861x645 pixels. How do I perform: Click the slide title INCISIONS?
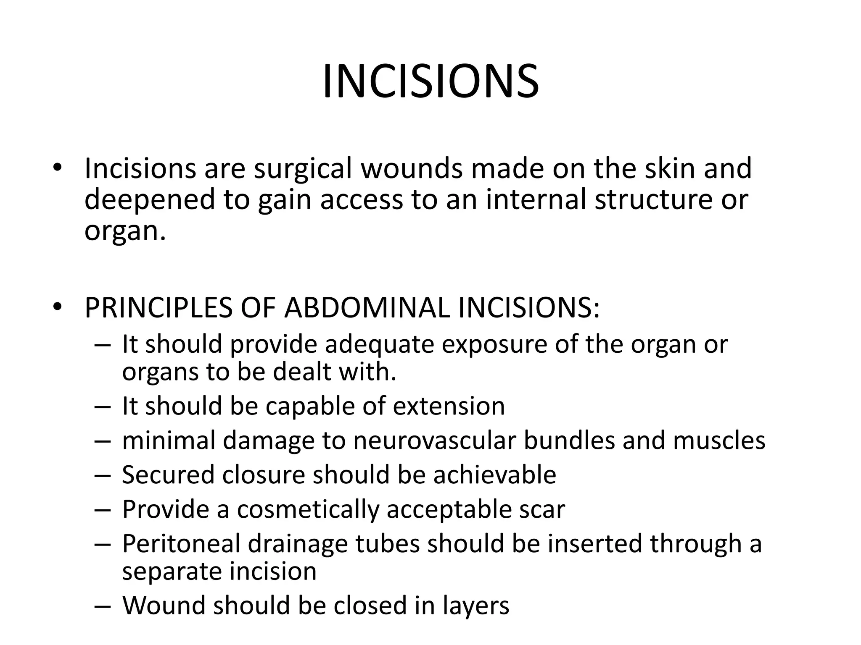pyautogui.click(x=430, y=82)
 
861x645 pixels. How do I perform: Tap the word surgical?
pyautogui.click(x=302, y=168)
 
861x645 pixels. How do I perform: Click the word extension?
pyautogui.click(x=449, y=406)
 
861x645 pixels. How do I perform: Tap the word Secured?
pyautogui.click(x=168, y=475)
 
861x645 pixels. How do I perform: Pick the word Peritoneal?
pyautogui.click(x=180, y=544)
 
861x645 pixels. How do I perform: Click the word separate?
pyautogui.click(x=172, y=572)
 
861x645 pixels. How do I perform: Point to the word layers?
pyautogui.click(x=475, y=606)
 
